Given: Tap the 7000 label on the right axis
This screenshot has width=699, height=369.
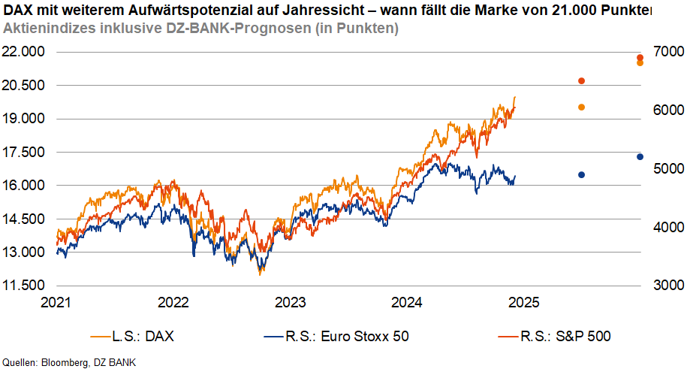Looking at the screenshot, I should coord(669,52).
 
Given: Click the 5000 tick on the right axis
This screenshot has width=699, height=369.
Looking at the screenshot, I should coord(669,168).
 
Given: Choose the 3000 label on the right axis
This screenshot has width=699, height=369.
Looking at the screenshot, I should coord(669,286).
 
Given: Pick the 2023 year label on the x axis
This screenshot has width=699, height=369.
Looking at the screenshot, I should coord(290,303).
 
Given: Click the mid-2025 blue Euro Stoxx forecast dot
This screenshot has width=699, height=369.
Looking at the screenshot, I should coord(581,174).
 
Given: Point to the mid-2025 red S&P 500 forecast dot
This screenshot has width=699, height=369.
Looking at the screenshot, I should coord(581,81).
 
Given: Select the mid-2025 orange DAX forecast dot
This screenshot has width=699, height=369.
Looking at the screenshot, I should coord(581,107).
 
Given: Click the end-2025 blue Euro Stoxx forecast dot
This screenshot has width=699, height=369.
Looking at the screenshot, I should coord(640,156).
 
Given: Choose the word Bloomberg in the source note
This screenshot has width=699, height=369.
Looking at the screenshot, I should coord(68,362).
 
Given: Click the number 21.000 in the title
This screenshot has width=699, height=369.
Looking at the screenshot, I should coord(569,11).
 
